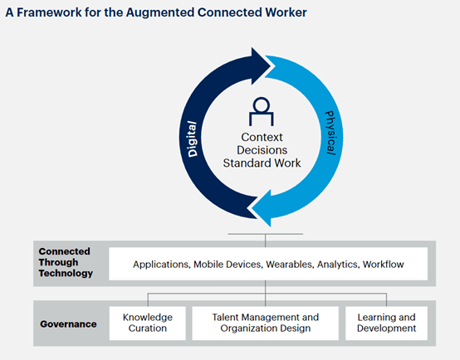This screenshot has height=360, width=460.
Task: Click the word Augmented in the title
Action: coord(160,13)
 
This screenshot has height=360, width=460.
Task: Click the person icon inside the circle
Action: coord(262,111)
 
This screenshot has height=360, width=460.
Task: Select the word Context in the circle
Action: coord(262,137)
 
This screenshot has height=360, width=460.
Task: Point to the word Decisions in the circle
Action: coord(262,150)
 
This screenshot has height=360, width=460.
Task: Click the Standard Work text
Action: coord(262,163)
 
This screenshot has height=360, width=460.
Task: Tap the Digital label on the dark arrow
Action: coord(192,139)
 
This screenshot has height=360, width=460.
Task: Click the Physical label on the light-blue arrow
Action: coord(330,133)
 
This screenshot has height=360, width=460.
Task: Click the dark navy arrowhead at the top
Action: coord(260,66)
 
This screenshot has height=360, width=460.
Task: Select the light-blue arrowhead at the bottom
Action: coord(262,207)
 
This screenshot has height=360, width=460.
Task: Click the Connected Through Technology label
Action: coord(66,262)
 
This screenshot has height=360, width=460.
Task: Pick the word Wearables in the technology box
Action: coord(289,265)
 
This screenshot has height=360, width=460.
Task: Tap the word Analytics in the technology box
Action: coord(337,265)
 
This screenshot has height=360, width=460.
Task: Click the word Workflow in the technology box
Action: coord(383,265)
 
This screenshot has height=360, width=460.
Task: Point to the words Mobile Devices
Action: coord(228,265)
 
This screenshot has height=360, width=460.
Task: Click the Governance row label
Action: coord(68,324)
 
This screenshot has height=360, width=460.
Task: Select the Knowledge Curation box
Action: coord(148,323)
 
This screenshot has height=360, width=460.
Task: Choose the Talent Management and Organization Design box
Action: coord(265,323)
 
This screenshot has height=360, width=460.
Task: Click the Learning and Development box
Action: coord(386,323)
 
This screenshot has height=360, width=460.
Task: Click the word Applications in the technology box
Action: coord(161,265)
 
